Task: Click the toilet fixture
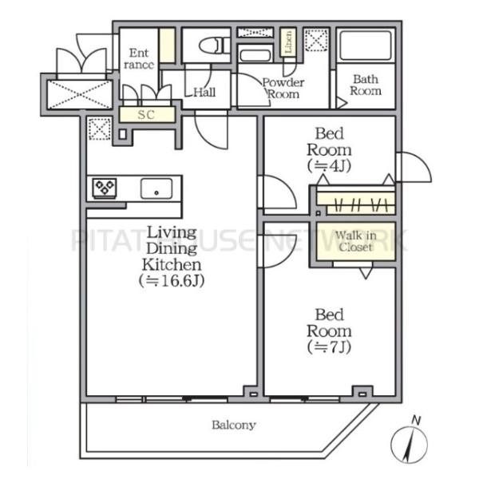(x=215, y=46)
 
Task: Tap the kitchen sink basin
(x=156, y=188)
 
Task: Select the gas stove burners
(x=105, y=187)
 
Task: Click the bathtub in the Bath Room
(x=366, y=46)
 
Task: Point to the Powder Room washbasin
(x=255, y=55)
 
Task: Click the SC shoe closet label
(x=146, y=115)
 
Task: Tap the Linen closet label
(x=288, y=42)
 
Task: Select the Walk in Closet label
(x=355, y=241)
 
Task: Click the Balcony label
(x=234, y=426)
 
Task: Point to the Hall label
(x=204, y=92)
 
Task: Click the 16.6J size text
(x=172, y=281)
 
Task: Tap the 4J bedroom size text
(x=329, y=166)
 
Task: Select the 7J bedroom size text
(x=329, y=347)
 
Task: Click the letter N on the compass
(x=416, y=421)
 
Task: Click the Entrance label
(x=139, y=58)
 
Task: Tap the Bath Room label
(x=366, y=85)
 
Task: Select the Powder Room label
(x=283, y=89)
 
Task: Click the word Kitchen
(x=172, y=265)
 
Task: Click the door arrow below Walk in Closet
(x=366, y=273)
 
